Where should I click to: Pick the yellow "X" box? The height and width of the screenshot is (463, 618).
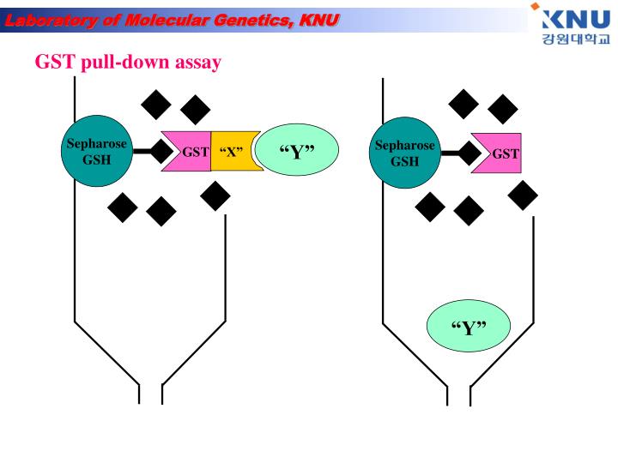point(233,153)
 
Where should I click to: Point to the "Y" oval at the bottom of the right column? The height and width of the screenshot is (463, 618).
point(469,327)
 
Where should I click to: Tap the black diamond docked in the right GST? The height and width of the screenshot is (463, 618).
point(470,153)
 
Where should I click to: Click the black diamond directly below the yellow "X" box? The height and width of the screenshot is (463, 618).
point(215,196)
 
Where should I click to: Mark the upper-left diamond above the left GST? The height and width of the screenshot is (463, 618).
point(156,105)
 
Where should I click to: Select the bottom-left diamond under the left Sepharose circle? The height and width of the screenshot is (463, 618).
point(122,206)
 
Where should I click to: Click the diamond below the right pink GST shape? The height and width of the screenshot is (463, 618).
point(523,196)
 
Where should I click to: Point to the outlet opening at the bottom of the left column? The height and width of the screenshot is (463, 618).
point(150,395)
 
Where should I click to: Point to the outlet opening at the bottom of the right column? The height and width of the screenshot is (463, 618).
point(459,395)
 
